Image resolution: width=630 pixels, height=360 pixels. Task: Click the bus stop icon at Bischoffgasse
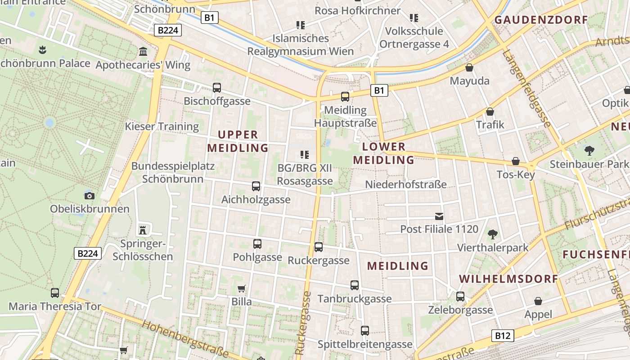217,88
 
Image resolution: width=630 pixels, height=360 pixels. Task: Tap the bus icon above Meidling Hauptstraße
345,96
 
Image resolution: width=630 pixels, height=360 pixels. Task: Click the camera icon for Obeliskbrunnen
90,196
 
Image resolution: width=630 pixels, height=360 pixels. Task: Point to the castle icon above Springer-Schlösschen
143,230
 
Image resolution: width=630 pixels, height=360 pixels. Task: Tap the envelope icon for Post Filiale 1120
439,216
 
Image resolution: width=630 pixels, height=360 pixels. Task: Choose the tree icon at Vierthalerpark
493,234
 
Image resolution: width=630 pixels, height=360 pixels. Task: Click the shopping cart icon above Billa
242,288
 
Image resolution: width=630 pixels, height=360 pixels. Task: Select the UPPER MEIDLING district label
238,141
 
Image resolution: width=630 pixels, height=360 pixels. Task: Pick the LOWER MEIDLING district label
384,153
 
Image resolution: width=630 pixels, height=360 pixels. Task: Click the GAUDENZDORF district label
541,19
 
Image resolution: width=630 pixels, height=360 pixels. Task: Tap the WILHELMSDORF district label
508,279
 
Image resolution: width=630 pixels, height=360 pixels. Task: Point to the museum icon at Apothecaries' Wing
144,52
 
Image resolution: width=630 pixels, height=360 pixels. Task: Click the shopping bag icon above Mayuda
469,68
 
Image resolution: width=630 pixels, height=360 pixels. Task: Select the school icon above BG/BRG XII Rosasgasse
305,155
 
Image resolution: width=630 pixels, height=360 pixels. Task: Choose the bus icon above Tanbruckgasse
355,285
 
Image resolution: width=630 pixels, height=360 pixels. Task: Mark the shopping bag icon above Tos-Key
516,161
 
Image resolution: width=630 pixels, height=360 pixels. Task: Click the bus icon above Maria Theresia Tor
55,293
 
